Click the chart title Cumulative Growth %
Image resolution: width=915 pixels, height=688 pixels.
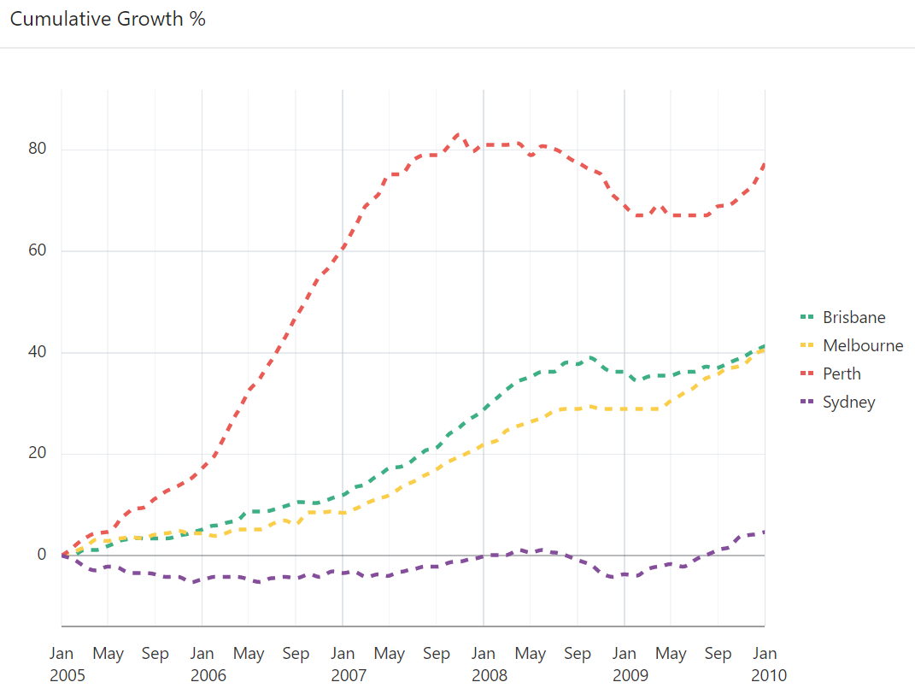tap(108, 19)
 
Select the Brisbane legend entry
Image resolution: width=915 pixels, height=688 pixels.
tap(853, 317)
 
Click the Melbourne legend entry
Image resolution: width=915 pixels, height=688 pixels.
tap(862, 345)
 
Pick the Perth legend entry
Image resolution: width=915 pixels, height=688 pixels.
tap(842, 373)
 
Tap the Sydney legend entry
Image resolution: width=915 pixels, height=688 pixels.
tap(848, 402)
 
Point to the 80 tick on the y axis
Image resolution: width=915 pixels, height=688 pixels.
tap(36, 150)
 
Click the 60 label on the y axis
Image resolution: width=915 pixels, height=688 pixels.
tap(36, 251)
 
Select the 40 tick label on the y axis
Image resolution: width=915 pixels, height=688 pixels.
tap(36, 352)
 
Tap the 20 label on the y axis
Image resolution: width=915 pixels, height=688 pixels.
tap(36, 454)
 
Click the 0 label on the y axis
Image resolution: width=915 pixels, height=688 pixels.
tap(40, 555)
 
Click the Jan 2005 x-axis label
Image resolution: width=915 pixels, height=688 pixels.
tap(62, 664)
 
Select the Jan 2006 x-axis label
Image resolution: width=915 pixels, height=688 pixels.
tap(202, 664)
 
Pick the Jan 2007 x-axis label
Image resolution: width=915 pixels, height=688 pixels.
tap(343, 664)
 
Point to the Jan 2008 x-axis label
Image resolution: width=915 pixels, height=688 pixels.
tap(484, 664)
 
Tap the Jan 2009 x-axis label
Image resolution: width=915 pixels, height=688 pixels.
tap(625, 664)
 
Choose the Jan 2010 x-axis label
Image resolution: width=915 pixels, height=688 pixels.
tap(765, 664)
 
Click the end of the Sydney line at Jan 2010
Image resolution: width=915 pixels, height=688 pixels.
tap(764, 532)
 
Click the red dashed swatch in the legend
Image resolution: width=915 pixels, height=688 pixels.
tap(806, 373)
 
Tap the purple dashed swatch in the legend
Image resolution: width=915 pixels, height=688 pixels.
tap(806, 402)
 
